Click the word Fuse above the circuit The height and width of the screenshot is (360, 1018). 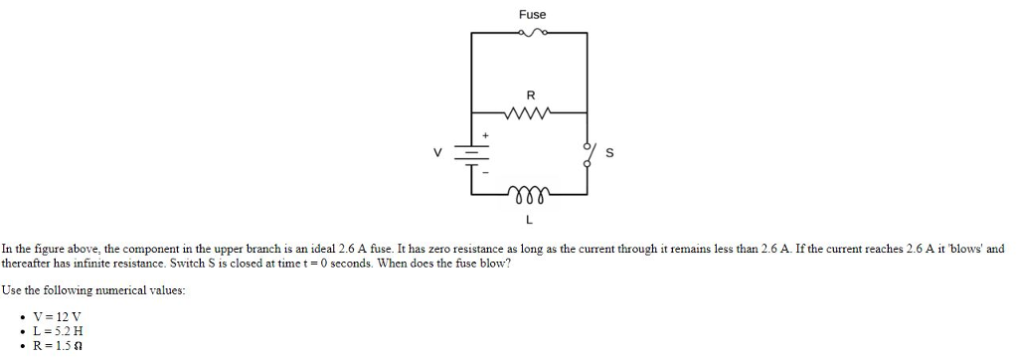[532, 14]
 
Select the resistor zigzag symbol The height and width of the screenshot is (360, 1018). [529, 112]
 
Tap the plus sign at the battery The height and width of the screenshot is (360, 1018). [486, 134]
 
